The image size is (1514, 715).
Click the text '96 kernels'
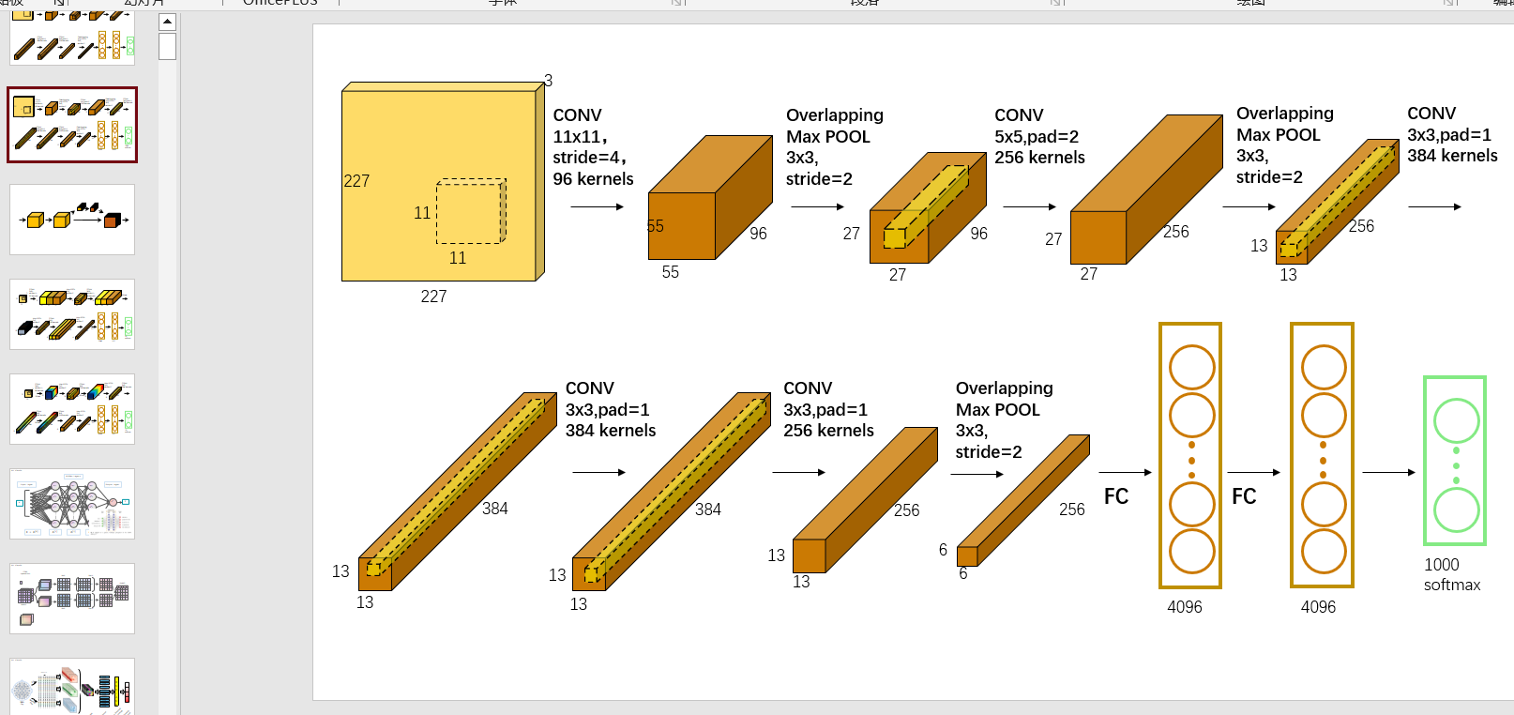pyautogui.click(x=593, y=179)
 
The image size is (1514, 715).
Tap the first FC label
pyautogui.click(x=1116, y=496)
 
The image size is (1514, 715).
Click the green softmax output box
pyautogui.click(x=1455, y=460)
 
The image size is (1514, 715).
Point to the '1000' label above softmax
pyautogui.click(x=1442, y=565)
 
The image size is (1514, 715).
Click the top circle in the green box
pyautogui.click(x=1456, y=420)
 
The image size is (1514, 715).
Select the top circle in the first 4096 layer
pyautogui.click(x=1191, y=367)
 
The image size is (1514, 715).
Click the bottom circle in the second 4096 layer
pyautogui.click(x=1324, y=552)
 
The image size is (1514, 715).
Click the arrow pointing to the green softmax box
pyautogui.click(x=1388, y=472)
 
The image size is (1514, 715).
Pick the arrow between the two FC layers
pyautogui.click(x=1253, y=472)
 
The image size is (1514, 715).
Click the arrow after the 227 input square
pyautogui.click(x=597, y=206)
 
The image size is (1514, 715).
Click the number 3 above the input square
pyautogui.click(x=548, y=81)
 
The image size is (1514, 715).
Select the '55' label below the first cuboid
pyautogui.click(x=670, y=272)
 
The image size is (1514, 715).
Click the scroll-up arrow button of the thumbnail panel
pyautogui.click(x=168, y=22)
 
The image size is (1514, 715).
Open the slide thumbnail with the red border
pyautogui.click(x=72, y=125)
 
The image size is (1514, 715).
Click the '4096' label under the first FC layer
pyautogui.click(x=1185, y=607)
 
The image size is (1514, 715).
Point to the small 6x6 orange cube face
pyautogui.click(x=967, y=556)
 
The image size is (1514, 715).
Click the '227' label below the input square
pyautogui.click(x=433, y=297)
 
